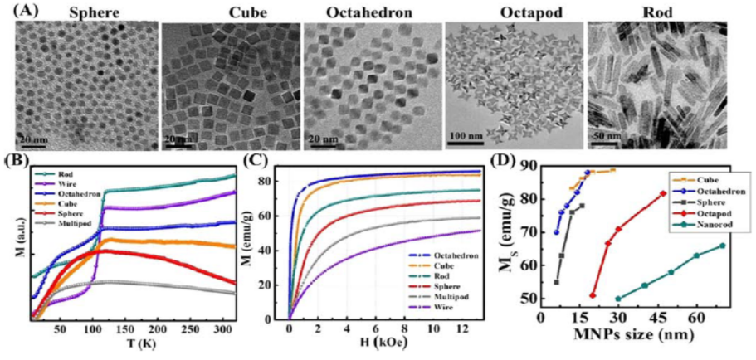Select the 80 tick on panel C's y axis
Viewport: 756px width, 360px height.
tap(276, 179)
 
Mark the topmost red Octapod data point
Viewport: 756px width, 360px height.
tap(662, 194)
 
